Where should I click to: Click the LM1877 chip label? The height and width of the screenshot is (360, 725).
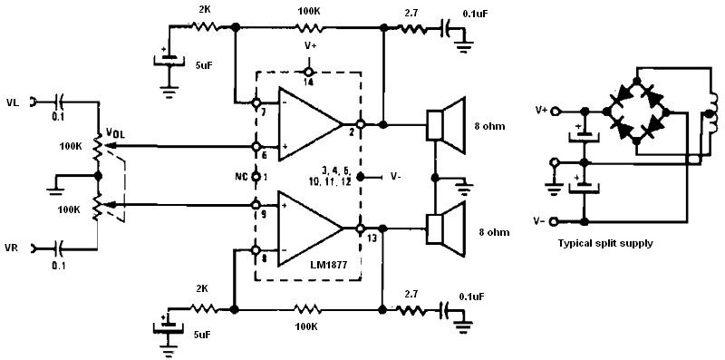(x=328, y=265)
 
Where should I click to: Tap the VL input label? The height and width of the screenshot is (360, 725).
(x=14, y=102)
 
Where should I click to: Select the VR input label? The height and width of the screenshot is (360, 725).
(x=14, y=249)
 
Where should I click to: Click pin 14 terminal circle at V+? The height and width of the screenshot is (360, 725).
(x=308, y=72)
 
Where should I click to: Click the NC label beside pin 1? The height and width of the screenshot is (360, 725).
(x=241, y=177)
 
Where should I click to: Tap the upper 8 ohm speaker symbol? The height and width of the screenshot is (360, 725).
(x=445, y=125)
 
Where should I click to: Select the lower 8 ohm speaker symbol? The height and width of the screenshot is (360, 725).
(x=445, y=229)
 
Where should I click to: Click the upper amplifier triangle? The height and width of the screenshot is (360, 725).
(x=310, y=125)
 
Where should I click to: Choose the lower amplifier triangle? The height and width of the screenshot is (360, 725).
(x=310, y=229)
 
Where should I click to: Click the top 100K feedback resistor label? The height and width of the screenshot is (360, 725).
(x=308, y=10)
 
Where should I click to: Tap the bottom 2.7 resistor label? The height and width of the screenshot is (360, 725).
(x=411, y=294)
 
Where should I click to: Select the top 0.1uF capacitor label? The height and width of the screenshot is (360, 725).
(x=474, y=14)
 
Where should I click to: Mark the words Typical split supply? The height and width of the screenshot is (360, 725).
(x=605, y=243)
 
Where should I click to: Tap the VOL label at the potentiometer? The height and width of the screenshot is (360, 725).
(x=115, y=132)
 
